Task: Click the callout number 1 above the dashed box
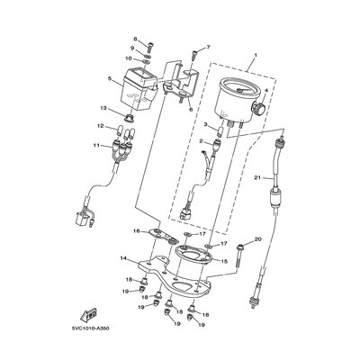click(x=256, y=55)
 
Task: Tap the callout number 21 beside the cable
click(x=256, y=178)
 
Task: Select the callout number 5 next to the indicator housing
click(x=109, y=79)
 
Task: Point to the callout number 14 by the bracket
click(x=123, y=258)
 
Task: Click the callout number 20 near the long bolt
click(x=257, y=239)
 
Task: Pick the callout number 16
click(x=137, y=231)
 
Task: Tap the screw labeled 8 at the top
click(x=150, y=48)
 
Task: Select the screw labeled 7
click(x=193, y=56)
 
